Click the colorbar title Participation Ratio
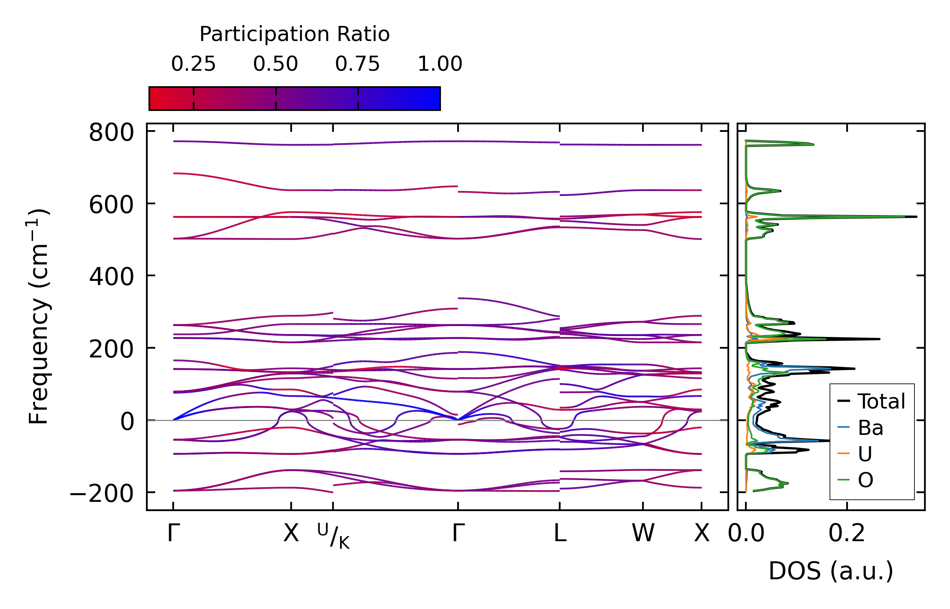(x=294, y=34)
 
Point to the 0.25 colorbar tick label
(x=193, y=64)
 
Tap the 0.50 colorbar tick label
(x=275, y=64)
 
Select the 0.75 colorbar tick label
(x=357, y=64)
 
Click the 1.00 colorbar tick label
(x=440, y=64)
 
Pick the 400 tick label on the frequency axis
(x=111, y=277)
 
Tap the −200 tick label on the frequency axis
(x=102, y=494)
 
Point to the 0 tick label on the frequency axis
(x=127, y=422)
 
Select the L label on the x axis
(x=560, y=534)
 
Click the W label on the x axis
(x=643, y=534)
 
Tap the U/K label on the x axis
(x=333, y=536)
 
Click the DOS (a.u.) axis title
(x=831, y=571)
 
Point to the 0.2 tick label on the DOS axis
(x=847, y=534)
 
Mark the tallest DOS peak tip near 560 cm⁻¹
(x=917, y=217)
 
